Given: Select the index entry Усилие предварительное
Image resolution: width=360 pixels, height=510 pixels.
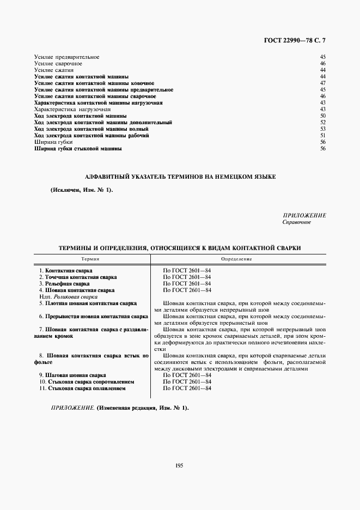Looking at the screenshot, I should (66, 57).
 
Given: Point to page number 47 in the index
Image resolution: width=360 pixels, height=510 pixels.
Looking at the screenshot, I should (322, 83).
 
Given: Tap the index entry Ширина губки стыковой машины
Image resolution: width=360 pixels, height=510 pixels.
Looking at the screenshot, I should (78, 148).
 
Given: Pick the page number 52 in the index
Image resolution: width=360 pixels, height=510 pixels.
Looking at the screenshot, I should (322, 122).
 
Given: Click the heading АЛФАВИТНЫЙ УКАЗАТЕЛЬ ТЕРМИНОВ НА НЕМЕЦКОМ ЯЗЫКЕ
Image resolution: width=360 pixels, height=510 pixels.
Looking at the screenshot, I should (181, 177).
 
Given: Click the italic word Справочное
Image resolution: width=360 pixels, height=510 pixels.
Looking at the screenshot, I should (296, 222).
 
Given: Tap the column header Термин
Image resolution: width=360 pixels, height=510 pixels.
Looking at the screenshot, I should (90, 258).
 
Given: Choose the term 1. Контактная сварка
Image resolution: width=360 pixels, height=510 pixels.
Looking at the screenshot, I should (66, 271).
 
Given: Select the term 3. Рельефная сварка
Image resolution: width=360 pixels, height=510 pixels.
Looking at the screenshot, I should (65, 284).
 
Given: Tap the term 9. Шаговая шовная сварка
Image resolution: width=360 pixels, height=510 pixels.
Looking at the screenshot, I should (72, 376).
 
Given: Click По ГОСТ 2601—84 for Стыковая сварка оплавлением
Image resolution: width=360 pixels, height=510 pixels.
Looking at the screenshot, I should (187, 388).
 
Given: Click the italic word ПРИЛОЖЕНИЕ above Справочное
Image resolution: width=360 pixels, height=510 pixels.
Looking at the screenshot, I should (304, 216).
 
